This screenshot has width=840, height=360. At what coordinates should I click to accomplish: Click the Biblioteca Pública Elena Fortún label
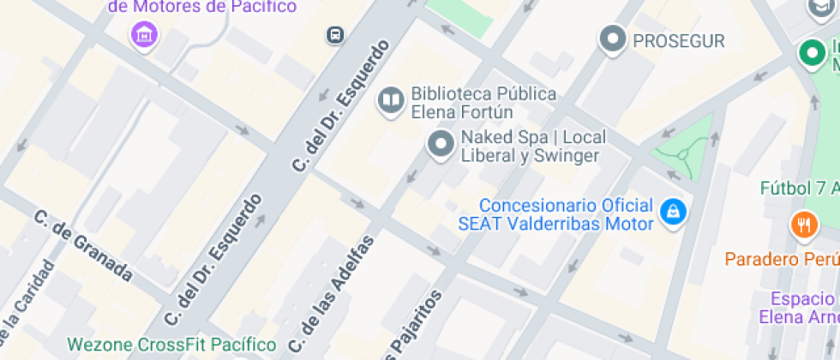(483, 103)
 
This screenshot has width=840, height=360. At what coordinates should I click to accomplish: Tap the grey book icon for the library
(391, 100)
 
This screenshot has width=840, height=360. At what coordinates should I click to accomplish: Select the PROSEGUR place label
(678, 40)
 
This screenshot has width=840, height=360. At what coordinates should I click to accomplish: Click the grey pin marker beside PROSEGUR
(612, 39)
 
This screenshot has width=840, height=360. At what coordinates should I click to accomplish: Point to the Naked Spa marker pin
(441, 144)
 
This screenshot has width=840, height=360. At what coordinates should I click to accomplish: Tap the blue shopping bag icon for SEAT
(674, 211)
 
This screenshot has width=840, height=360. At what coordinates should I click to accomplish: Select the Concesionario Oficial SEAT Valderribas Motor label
(555, 215)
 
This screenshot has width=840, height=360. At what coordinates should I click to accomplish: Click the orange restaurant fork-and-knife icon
(803, 225)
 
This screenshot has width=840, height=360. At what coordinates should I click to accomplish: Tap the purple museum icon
(144, 34)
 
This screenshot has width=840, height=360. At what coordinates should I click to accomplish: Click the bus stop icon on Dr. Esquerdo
(334, 35)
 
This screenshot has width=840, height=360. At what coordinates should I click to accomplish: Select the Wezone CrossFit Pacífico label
(172, 345)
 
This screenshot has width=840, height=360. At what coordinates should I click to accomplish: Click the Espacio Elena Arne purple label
(801, 308)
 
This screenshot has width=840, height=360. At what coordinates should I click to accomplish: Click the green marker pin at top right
(810, 53)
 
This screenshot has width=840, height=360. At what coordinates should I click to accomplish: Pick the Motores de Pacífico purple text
(204, 7)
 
